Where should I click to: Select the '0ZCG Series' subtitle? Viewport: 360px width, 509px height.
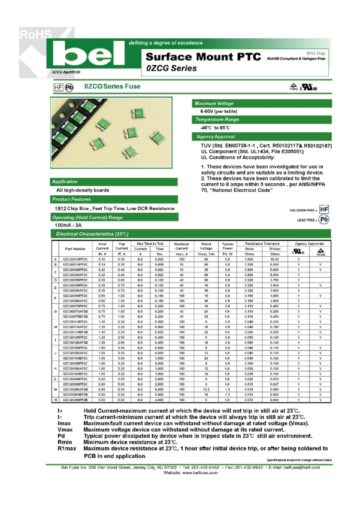point(171,69)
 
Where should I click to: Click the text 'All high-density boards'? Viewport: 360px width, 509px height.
point(83,190)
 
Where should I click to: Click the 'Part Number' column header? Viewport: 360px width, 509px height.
point(76,249)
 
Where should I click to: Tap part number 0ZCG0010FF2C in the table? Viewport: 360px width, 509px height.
point(75,259)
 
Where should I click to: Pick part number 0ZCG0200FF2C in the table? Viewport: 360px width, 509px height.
point(75,379)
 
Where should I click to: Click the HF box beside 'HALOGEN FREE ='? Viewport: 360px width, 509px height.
point(324,210)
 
